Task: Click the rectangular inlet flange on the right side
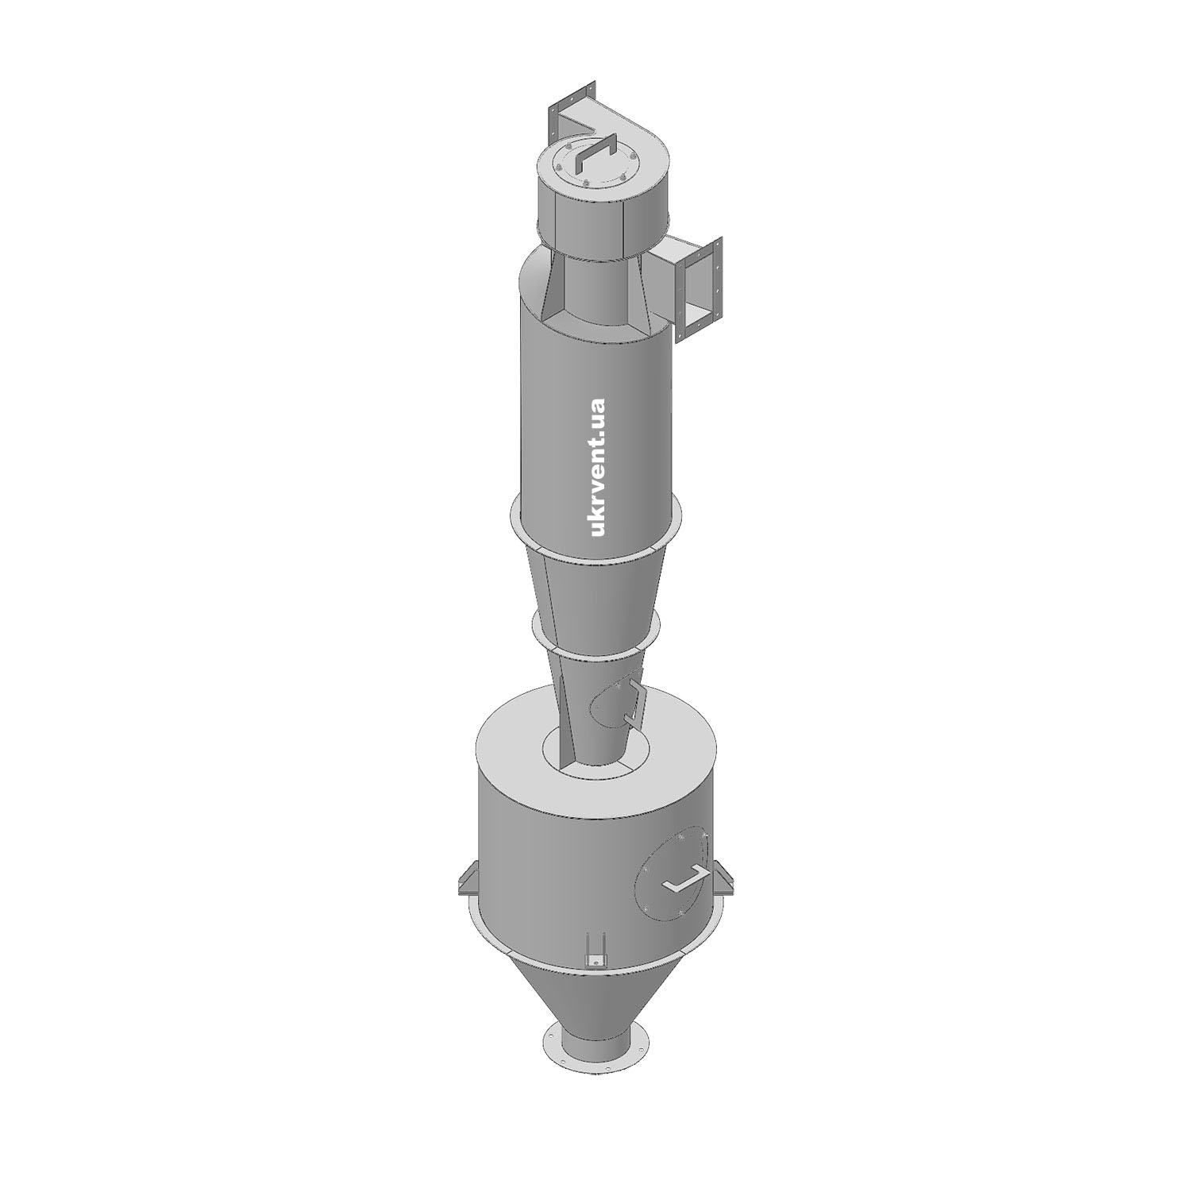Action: click(x=700, y=289)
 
